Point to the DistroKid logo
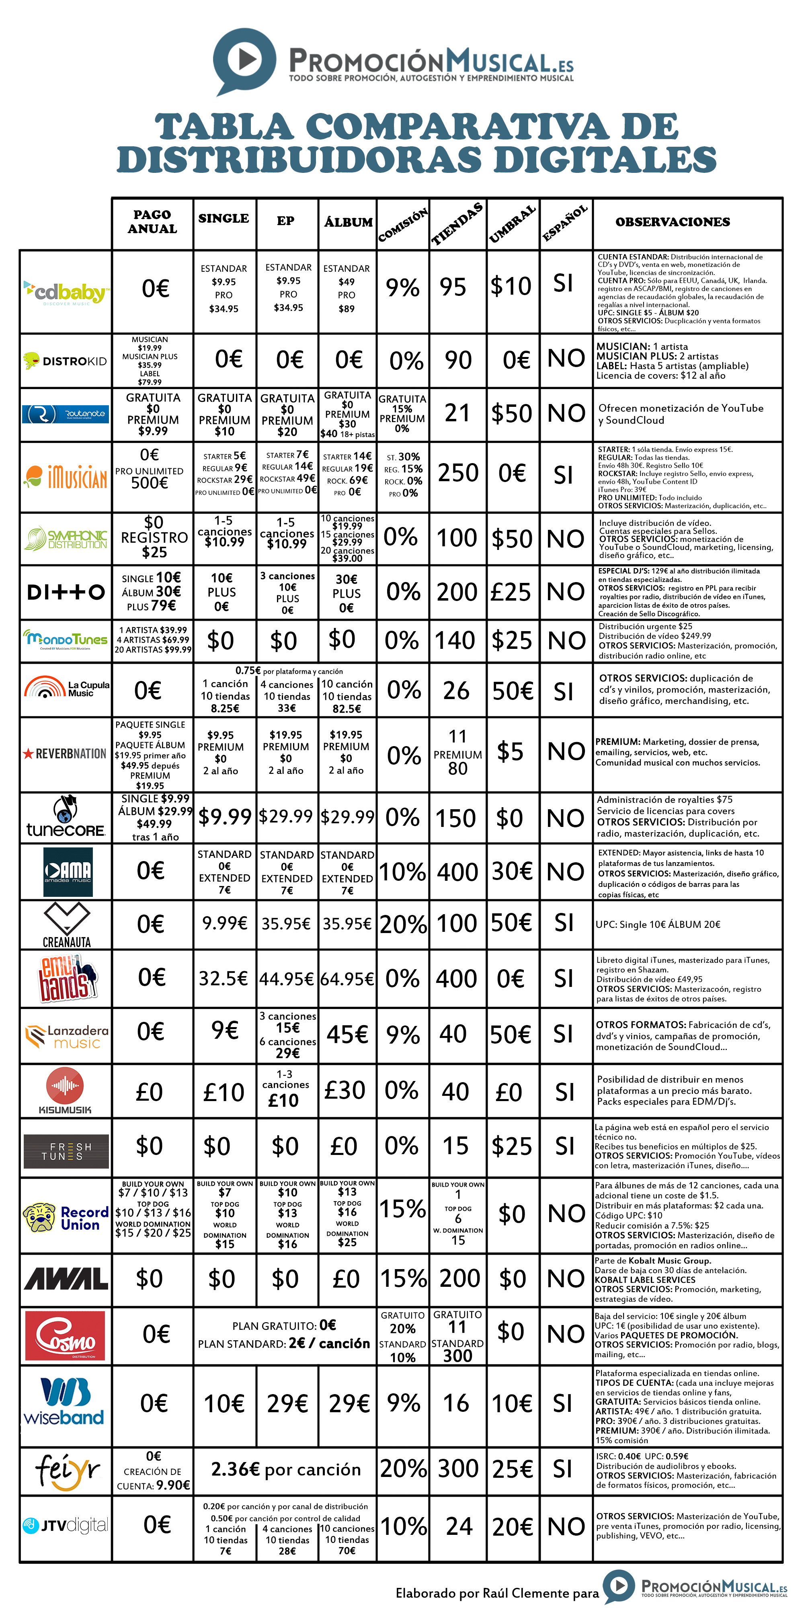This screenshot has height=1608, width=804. (65, 361)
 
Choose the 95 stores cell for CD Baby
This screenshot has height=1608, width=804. (453, 287)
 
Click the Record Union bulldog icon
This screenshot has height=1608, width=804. (39, 1216)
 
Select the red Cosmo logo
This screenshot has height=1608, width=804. (65, 1335)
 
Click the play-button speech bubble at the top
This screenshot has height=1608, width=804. (244, 60)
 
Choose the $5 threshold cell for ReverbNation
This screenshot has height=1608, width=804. (511, 752)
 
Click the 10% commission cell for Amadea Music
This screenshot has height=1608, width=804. (403, 872)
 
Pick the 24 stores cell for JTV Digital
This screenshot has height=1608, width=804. (459, 1527)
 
